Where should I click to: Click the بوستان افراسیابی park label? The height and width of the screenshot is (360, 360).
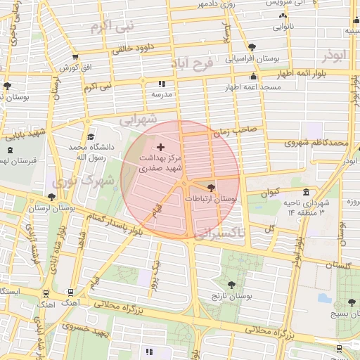tap(252, 59)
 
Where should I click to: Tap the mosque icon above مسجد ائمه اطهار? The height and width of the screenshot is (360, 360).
tap(254, 76)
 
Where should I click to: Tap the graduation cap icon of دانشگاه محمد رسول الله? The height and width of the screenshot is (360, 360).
tap(90, 137)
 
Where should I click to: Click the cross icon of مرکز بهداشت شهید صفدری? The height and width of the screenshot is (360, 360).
tap(161, 147)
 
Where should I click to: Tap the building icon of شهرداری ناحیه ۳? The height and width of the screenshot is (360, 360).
tap(305, 193)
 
